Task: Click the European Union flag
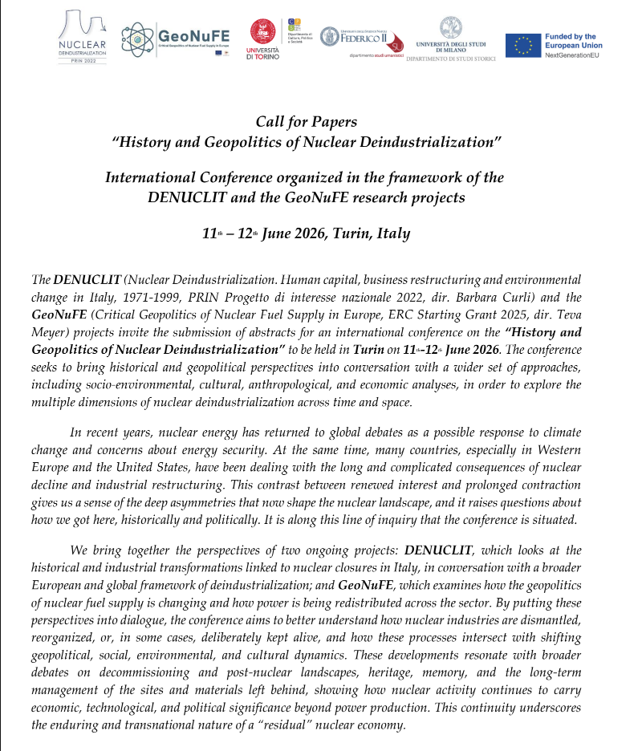(522, 45)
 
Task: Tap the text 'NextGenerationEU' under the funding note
(573, 56)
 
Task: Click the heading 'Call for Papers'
(306, 122)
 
